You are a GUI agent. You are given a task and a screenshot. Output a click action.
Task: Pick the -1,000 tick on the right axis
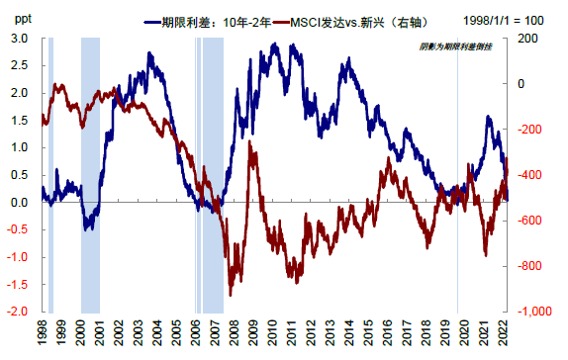click(x=530, y=312)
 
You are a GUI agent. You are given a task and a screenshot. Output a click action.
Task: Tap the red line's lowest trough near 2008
click(x=231, y=294)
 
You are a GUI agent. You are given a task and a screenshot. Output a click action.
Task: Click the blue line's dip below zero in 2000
click(x=88, y=227)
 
